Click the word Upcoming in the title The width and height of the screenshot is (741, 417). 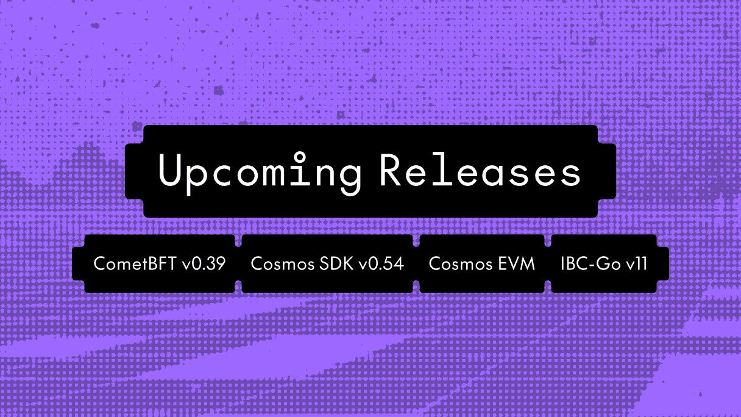click(260, 171)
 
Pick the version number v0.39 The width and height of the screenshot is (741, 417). click(204, 264)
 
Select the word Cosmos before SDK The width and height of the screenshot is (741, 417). click(277, 264)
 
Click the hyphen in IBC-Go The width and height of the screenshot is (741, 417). click(587, 265)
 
